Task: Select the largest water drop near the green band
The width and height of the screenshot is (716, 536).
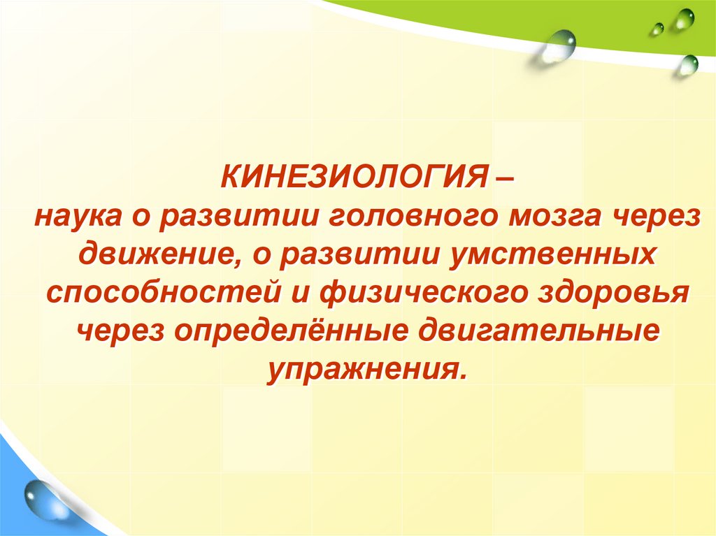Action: click(x=559, y=44)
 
